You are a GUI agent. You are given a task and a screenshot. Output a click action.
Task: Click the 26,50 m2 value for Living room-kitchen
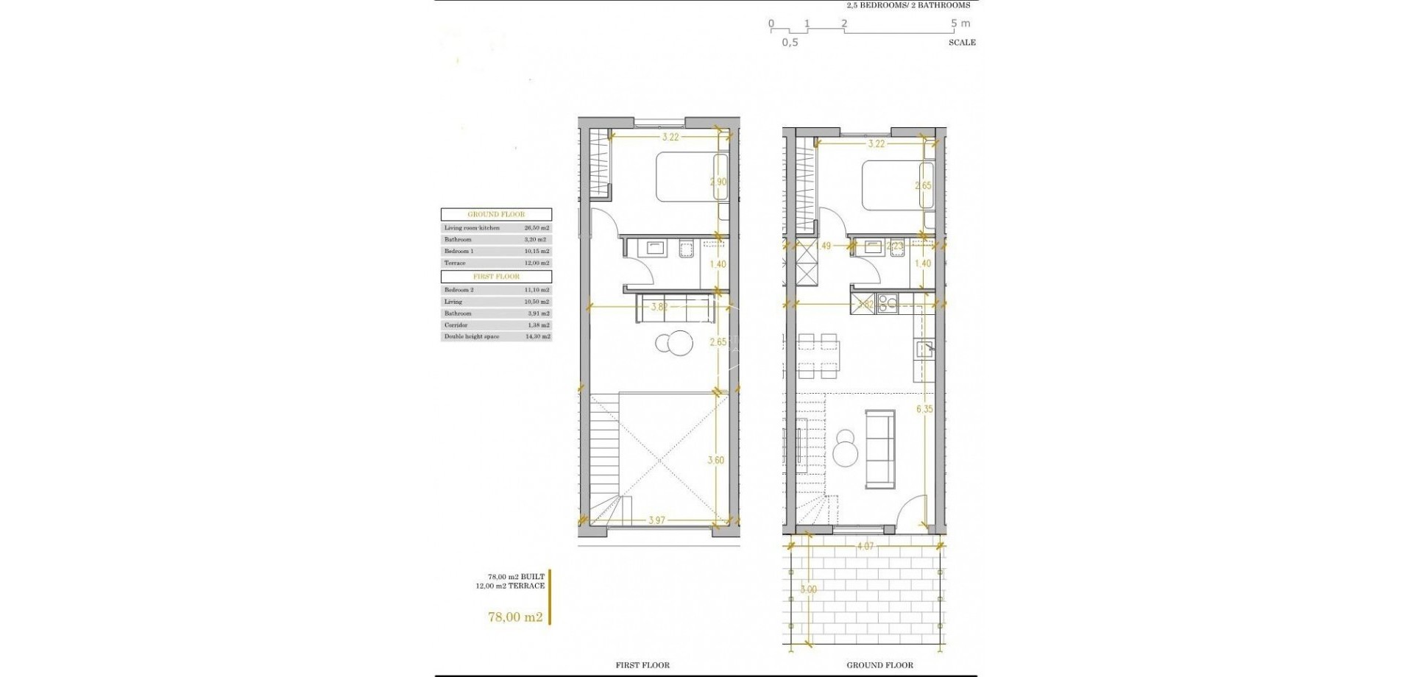(536, 228)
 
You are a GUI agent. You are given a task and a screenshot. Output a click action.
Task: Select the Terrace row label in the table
(455, 263)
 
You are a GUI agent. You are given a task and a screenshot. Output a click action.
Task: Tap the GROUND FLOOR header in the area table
(496, 214)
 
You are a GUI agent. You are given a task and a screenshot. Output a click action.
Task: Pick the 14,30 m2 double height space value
(536, 336)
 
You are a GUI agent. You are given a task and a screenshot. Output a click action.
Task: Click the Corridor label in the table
(456, 325)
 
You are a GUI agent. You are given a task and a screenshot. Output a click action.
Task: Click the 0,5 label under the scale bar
(790, 43)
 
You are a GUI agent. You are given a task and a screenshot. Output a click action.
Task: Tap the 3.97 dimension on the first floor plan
(657, 520)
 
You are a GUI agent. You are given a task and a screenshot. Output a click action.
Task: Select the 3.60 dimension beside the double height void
(715, 461)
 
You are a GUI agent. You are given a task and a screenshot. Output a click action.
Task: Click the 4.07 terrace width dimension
(865, 547)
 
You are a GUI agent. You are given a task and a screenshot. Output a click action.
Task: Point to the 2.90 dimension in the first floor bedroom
(718, 182)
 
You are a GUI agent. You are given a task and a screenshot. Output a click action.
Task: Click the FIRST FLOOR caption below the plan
(642, 665)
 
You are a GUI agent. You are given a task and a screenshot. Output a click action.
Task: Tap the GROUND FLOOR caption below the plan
(879, 665)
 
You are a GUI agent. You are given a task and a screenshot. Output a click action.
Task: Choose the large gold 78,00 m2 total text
(515, 617)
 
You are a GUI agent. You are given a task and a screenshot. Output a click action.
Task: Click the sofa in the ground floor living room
(879, 449)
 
